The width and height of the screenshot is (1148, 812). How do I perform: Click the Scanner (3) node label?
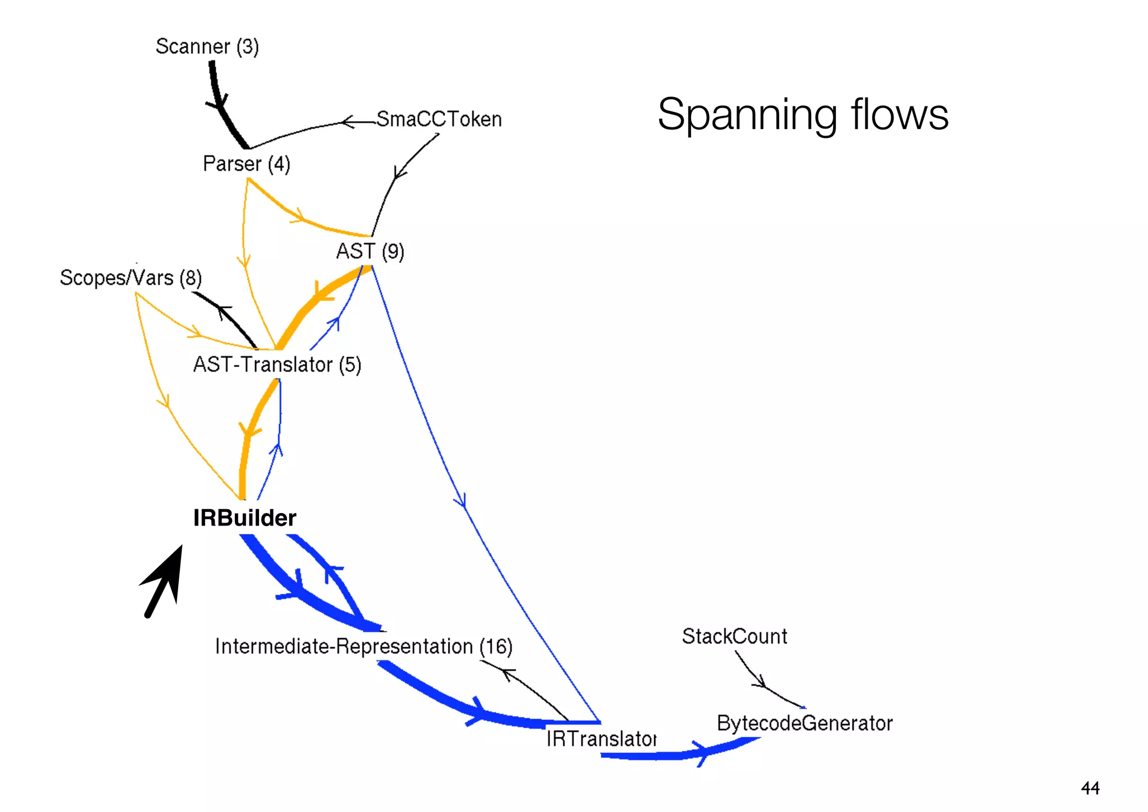[207, 47]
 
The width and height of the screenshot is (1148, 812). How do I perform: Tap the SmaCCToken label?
[438, 119]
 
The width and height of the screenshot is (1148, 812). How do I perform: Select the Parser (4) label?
[246, 164]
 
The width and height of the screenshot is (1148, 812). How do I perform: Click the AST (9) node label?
[369, 251]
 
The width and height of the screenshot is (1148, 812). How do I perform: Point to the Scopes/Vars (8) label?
[130, 278]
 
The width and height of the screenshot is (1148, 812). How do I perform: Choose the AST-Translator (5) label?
[277, 365]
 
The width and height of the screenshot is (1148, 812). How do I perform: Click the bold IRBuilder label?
[244, 518]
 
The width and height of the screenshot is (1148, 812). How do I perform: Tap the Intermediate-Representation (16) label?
[363, 647]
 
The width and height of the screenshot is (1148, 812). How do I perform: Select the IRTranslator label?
[600, 739]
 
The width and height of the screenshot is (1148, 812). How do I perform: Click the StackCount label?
[734, 636]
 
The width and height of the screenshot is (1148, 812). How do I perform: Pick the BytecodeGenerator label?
[804, 723]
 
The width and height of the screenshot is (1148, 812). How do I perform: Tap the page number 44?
[1090, 788]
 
